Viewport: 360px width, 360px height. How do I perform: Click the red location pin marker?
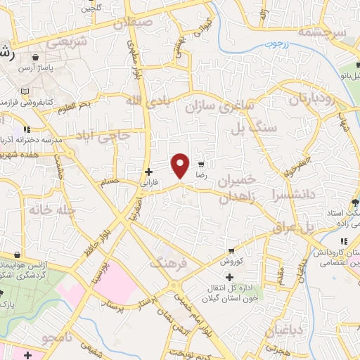click(x=180, y=165)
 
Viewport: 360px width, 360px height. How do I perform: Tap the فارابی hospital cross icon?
click(x=148, y=172)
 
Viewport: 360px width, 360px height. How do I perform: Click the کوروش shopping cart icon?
click(x=231, y=251)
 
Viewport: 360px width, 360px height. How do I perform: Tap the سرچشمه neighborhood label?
click(x=322, y=33)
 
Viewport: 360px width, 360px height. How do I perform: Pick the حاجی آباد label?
click(x=105, y=134)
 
